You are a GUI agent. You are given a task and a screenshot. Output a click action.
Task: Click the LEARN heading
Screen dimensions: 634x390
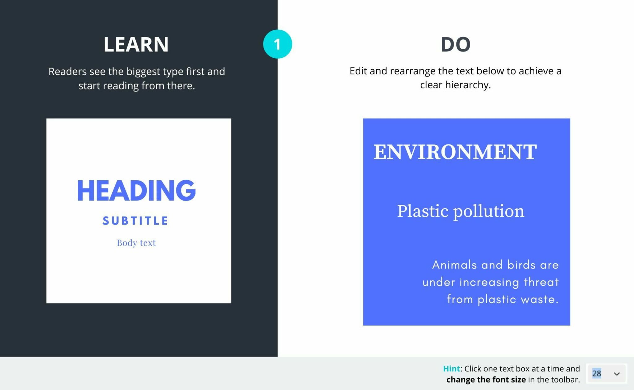coord(136,44)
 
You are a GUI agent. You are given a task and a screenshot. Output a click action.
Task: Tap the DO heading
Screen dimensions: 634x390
coord(455,44)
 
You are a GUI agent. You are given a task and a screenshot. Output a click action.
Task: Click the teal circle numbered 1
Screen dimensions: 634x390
coord(277,44)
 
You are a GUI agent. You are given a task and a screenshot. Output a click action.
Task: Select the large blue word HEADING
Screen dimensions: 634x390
coord(136,190)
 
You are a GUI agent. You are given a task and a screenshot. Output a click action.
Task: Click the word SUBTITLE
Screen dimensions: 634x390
coord(136,221)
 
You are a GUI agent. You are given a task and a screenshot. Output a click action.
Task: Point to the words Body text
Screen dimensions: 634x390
coord(136,243)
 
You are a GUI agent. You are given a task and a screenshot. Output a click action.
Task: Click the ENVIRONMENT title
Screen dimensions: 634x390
coord(455,152)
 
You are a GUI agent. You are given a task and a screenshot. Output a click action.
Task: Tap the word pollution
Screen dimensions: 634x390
coord(489,212)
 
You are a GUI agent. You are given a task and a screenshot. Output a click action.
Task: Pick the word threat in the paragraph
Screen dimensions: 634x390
coord(541,282)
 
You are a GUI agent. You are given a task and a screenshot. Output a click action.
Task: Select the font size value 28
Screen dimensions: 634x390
coord(597,373)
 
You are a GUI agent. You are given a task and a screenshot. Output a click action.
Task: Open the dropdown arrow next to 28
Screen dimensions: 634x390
coord(617,374)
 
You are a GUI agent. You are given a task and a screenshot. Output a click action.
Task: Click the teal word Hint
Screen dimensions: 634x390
coord(451,369)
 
